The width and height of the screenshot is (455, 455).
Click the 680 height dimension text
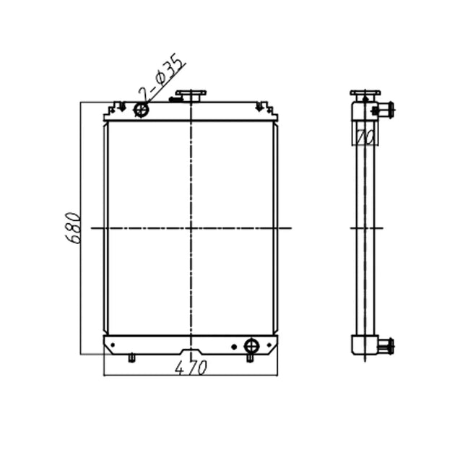tap(72, 228)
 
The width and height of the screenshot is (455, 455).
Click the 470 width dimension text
tap(191, 367)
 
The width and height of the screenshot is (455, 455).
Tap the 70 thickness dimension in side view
tap(365, 134)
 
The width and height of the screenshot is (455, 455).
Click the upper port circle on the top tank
tap(142, 110)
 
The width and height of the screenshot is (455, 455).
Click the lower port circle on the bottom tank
tap(251, 344)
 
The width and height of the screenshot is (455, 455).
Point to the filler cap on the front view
tap(191, 95)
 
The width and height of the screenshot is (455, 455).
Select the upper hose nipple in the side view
tap(386, 110)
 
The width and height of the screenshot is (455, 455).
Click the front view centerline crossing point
tap(191, 228)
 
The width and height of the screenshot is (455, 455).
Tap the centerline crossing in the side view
tap(365, 228)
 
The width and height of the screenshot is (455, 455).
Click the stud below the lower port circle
tap(251, 357)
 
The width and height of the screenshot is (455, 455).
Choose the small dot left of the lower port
tap(233, 347)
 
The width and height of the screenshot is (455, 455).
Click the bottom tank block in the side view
tap(365, 344)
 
